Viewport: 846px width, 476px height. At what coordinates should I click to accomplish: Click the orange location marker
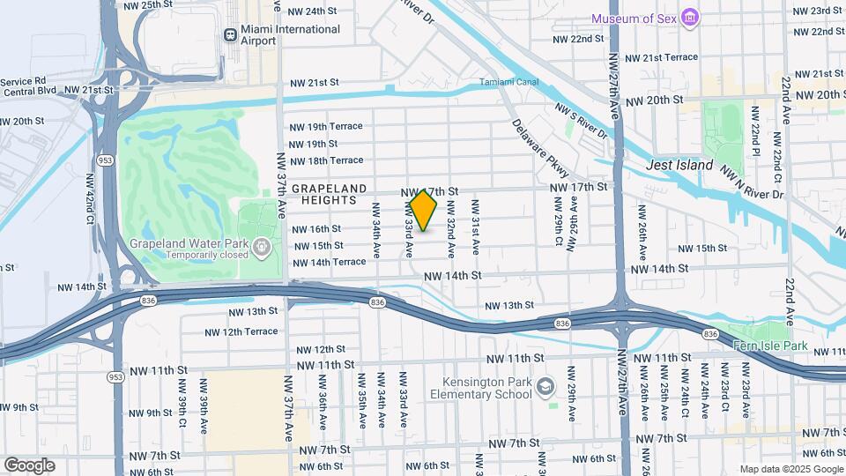point(424,210)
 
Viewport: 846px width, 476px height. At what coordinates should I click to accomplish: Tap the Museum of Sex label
point(635,19)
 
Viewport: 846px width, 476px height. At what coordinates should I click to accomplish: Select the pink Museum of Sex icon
point(691,19)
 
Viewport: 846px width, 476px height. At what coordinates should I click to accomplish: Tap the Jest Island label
point(679,165)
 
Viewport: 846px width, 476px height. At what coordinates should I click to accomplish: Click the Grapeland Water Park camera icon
point(262,249)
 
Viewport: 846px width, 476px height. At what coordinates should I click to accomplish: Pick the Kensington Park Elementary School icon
point(545,387)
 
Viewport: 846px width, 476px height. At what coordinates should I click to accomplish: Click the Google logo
point(29,465)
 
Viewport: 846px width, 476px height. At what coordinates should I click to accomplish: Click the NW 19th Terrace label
point(326,126)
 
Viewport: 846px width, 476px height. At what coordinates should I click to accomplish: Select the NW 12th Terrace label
point(241,331)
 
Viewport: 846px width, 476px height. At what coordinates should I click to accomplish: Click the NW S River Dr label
point(582,122)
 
